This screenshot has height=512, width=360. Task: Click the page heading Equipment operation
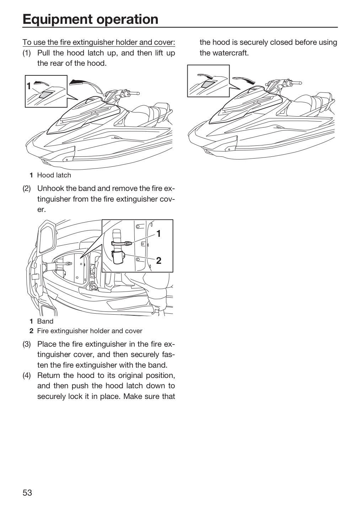tap(91, 19)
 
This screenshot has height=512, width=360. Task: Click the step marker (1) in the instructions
tap(27, 53)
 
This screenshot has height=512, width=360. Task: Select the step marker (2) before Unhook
tap(27, 188)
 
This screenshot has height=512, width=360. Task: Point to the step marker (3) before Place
tap(27, 344)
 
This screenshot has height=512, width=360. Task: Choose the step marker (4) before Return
tap(27, 375)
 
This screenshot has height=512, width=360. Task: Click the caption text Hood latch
tap(54, 175)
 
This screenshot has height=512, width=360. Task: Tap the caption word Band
tap(45, 321)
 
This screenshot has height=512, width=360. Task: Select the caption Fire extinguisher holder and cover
tap(90, 331)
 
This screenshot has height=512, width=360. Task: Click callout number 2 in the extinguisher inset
tap(159, 260)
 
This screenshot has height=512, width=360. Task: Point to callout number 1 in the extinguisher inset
tap(158, 234)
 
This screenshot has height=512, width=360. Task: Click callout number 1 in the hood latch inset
tap(28, 86)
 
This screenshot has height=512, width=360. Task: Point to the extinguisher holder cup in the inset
tap(118, 257)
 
